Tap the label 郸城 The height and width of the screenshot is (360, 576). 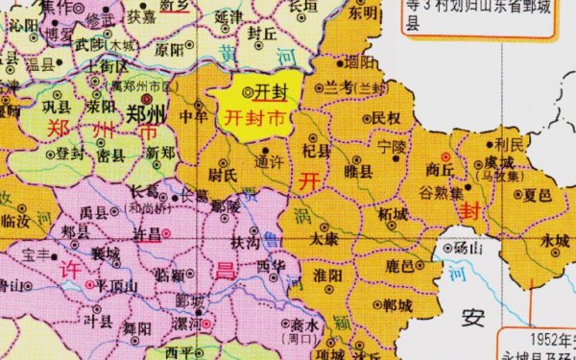click(396, 305)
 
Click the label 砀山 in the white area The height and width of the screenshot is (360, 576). click(469, 248)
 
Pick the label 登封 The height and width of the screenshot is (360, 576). click(70, 152)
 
